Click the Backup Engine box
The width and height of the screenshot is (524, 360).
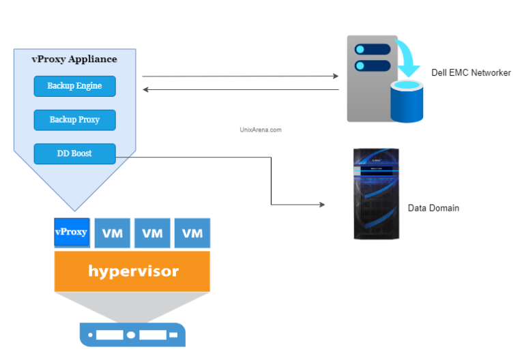click(x=74, y=86)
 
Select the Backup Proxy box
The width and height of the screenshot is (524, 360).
click(x=74, y=119)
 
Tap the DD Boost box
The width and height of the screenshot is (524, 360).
click(x=74, y=153)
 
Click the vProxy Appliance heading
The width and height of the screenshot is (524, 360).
click(x=74, y=59)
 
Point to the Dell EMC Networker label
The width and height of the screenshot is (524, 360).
click(x=471, y=73)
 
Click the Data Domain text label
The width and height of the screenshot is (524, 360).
click(x=433, y=208)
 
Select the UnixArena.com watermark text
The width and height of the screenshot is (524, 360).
click(x=261, y=129)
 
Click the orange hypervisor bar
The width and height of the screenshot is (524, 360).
click(x=132, y=271)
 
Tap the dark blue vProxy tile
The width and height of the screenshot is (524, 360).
click(x=71, y=232)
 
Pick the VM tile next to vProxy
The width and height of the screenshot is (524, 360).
click(x=112, y=233)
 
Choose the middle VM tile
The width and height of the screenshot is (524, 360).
click(x=152, y=233)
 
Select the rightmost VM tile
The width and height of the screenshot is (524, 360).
click(x=192, y=233)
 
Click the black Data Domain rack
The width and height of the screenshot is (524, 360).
click(x=376, y=194)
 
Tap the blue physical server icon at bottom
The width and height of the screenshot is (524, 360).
click(x=132, y=335)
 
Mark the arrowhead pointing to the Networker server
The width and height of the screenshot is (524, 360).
click(x=335, y=76)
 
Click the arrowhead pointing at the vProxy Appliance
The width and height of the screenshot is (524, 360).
click(x=146, y=89)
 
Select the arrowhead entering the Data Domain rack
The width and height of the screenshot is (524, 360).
click(x=321, y=205)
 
